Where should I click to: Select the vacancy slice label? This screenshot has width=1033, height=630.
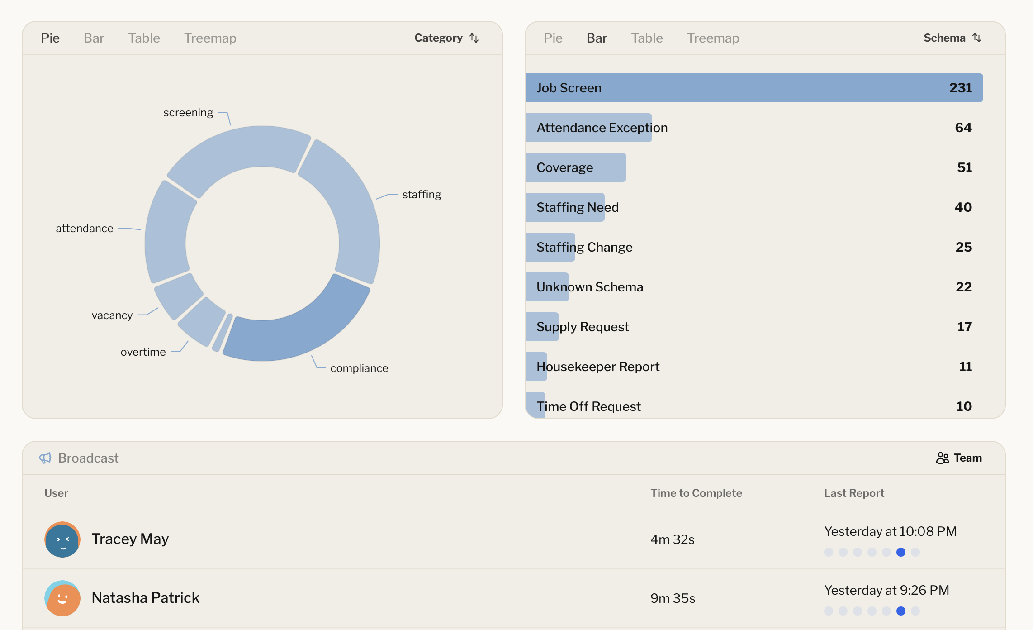[x=112, y=315]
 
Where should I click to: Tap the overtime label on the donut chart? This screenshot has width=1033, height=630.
[x=143, y=352]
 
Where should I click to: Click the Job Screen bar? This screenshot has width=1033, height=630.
[x=753, y=88]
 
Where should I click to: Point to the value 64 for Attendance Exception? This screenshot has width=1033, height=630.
[x=963, y=128]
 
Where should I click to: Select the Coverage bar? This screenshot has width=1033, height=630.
[x=575, y=167]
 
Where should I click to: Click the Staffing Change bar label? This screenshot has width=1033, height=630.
[x=584, y=247]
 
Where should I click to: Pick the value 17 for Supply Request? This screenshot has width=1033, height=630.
[x=964, y=327]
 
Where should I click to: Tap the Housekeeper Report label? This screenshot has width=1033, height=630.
[x=597, y=367]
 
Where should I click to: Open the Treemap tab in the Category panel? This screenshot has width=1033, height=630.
[x=210, y=38]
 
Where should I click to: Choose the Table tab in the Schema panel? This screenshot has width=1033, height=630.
[x=647, y=38]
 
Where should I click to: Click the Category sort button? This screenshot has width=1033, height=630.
[x=446, y=38]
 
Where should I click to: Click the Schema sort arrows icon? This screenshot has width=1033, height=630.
[x=977, y=38]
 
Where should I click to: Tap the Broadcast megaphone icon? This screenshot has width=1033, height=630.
[x=45, y=458]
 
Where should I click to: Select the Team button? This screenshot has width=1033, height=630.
[x=959, y=458]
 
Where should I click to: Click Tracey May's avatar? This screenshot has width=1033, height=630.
[x=62, y=539]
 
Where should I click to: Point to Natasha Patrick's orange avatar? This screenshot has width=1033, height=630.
[x=62, y=598]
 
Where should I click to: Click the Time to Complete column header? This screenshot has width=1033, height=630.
[x=696, y=493]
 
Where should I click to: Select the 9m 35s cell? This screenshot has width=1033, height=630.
[x=673, y=598]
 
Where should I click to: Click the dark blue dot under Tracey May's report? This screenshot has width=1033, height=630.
[x=900, y=552]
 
